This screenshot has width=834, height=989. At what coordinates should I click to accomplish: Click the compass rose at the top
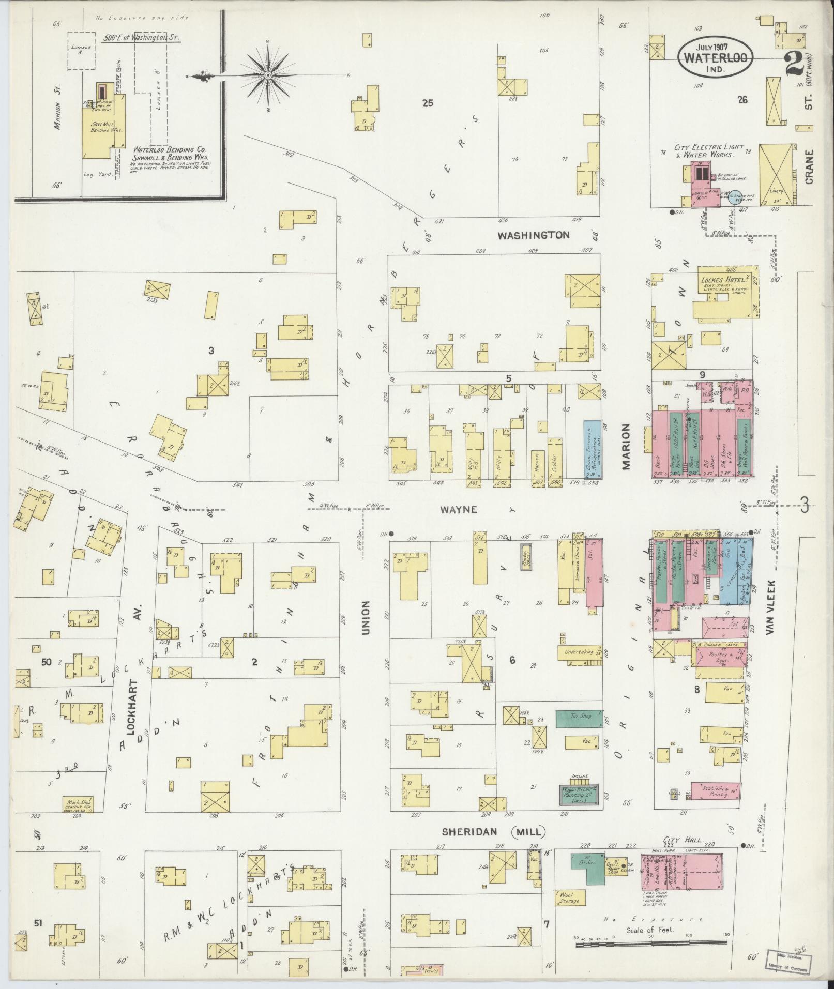tap(268, 76)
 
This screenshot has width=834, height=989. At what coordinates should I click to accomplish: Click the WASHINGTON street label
tap(534, 235)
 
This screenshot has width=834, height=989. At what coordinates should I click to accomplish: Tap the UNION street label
tap(366, 617)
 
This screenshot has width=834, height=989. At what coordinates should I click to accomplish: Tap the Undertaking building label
tap(579, 652)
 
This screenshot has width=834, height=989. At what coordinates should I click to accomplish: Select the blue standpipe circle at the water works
tap(734, 196)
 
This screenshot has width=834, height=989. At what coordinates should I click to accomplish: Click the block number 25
tap(428, 103)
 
